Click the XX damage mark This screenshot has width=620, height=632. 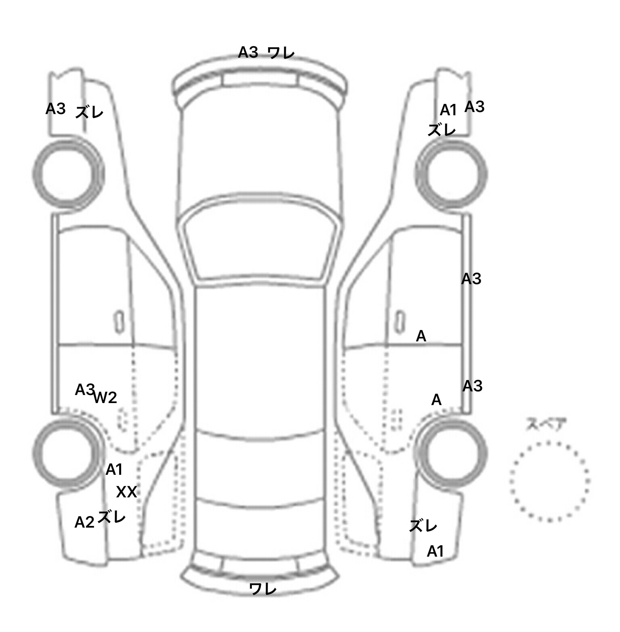[127, 492]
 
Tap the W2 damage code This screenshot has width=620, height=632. [105, 398]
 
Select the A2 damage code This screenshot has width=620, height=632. [84, 522]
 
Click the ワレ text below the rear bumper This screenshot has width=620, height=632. [263, 589]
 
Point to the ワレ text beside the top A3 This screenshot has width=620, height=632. [281, 53]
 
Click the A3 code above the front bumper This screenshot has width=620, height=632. [248, 52]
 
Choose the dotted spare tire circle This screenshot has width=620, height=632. [549, 481]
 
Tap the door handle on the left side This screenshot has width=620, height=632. [119, 322]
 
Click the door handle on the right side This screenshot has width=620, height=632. [400, 322]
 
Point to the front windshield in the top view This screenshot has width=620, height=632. [260, 241]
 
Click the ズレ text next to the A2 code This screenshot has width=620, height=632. [111, 516]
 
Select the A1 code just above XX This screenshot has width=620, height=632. [114, 470]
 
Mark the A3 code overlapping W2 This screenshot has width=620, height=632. [84, 390]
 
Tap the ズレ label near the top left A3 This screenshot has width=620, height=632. [90, 112]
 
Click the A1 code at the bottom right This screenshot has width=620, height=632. [435, 551]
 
